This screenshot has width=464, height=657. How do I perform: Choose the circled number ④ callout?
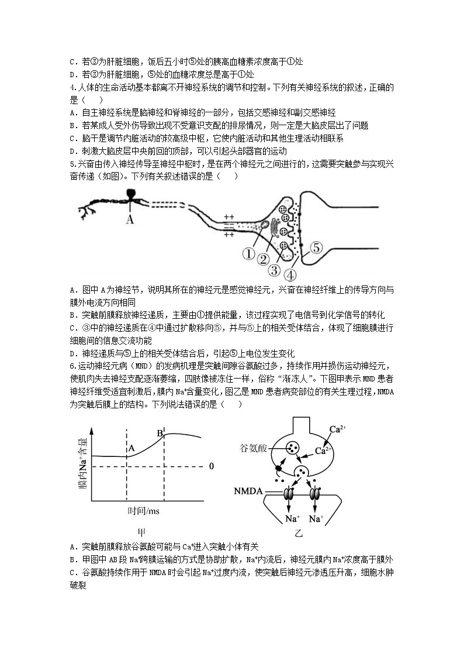[290, 274]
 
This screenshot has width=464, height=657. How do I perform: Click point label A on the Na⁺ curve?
[131, 449]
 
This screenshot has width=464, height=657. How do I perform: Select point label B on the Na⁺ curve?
[159, 434]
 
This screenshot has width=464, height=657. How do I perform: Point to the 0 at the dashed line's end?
[212, 466]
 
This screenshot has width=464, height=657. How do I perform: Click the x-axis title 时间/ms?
[143, 511]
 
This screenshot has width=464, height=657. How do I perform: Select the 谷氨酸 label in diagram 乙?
[253, 448]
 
